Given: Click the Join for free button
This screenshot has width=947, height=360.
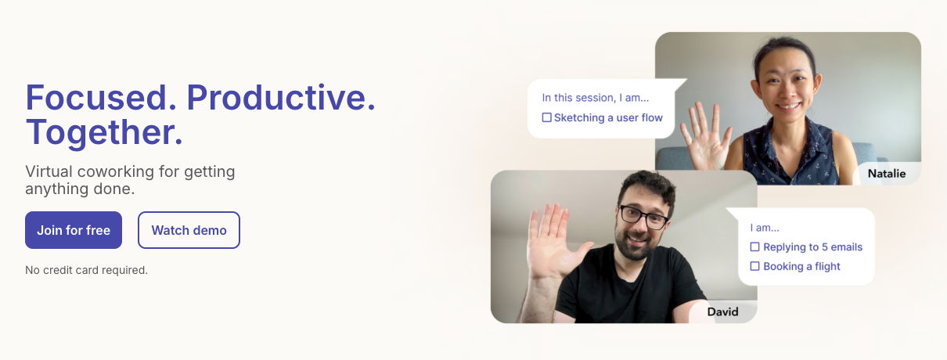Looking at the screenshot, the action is [x=74, y=230].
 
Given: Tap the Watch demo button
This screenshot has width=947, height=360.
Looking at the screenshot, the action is [x=189, y=230].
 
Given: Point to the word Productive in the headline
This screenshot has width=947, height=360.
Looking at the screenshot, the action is [x=281, y=98].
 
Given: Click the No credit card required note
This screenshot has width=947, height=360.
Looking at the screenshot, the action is [x=87, y=270].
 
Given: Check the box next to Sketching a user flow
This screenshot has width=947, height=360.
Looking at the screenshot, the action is [x=546, y=117].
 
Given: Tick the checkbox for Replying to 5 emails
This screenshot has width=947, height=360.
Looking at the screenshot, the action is [x=754, y=247].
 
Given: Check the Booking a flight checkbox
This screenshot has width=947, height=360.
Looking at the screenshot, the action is [x=754, y=266].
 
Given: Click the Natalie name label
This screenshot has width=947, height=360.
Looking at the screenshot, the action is [x=887, y=174].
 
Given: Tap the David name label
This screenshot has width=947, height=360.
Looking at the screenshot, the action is [x=723, y=311].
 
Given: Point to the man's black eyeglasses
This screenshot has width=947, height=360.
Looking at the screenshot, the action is [x=644, y=217].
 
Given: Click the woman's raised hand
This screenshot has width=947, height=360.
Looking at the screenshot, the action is [x=705, y=137].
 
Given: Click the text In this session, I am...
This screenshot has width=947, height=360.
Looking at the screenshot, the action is [x=596, y=98].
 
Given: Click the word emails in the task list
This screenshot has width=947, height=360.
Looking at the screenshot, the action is [x=846, y=247].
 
